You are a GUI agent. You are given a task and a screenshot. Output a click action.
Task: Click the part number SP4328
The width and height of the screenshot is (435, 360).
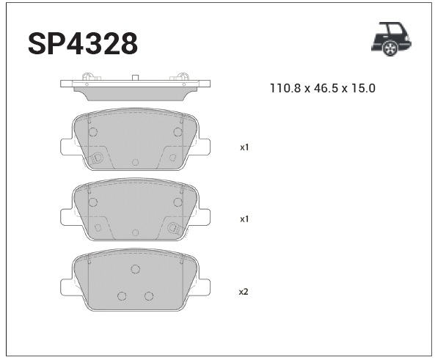82,44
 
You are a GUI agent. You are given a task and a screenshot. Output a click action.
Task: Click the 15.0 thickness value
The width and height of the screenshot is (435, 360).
363,89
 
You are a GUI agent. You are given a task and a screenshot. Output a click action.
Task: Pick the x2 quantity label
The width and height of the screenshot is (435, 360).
244,291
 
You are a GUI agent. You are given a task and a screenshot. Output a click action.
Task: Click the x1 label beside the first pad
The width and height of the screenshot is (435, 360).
244,147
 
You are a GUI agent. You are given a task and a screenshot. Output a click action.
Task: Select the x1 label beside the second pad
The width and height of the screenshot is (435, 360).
244,219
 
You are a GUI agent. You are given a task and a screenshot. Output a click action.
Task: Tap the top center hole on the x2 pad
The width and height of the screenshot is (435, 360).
135,269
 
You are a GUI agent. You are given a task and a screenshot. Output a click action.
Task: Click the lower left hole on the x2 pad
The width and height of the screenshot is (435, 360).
122,296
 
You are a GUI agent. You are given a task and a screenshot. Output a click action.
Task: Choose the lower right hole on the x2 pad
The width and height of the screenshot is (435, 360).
148,296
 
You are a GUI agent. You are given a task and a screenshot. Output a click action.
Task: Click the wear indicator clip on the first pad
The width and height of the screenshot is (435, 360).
95,157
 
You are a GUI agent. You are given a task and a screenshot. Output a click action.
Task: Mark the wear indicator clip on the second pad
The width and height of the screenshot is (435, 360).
175,228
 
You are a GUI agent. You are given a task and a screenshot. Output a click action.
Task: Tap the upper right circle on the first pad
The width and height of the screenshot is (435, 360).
178,132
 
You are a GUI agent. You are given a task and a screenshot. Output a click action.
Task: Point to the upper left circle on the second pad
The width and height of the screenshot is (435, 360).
92,202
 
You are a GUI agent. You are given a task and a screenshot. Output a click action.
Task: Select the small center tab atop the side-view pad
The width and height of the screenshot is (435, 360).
135,78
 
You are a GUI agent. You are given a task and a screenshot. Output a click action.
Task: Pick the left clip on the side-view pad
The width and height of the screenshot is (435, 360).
89,78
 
